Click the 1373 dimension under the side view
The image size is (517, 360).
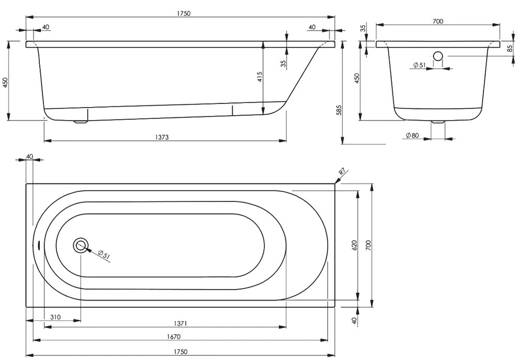point(161,137)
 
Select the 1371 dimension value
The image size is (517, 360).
point(180,324)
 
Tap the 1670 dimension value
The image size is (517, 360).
point(174,337)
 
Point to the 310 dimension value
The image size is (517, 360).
point(55,317)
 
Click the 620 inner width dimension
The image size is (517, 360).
point(355,246)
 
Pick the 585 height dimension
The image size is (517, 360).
point(339,110)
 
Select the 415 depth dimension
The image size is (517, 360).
point(260,77)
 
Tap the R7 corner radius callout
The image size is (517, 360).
point(342,172)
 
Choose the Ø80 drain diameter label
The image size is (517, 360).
point(412,135)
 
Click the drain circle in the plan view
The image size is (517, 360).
point(81,246)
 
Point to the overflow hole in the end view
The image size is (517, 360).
point(438,56)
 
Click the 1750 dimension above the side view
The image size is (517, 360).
point(184,13)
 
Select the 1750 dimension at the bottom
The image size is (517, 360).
point(180,352)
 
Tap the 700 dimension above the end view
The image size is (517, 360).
point(437,21)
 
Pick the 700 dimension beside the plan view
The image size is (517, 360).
point(368,245)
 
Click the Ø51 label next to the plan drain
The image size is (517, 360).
point(103,254)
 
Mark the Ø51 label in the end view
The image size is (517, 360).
point(419,65)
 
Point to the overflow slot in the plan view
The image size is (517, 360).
point(39,246)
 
